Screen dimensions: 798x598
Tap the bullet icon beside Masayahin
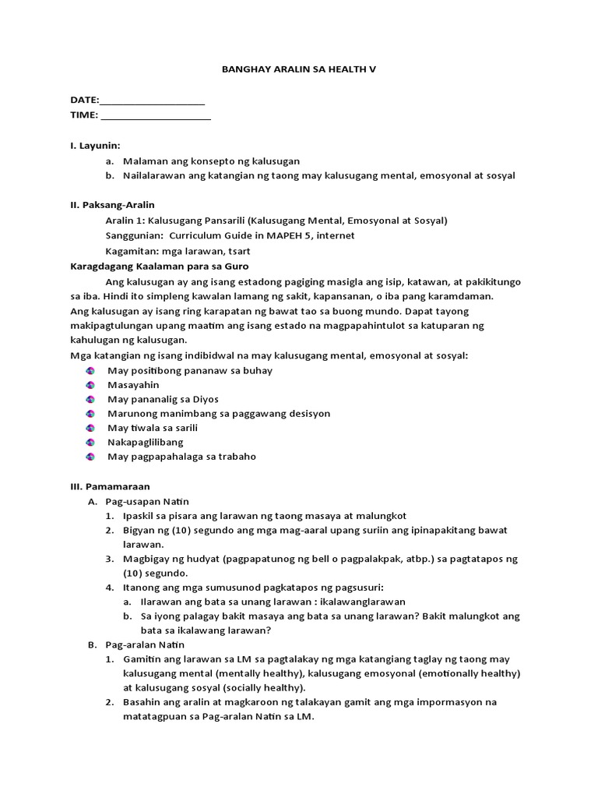point(90,385)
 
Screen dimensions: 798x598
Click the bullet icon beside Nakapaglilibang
point(90,443)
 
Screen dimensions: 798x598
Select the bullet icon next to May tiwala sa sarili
point(90,428)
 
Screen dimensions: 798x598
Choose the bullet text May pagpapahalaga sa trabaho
point(181,457)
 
